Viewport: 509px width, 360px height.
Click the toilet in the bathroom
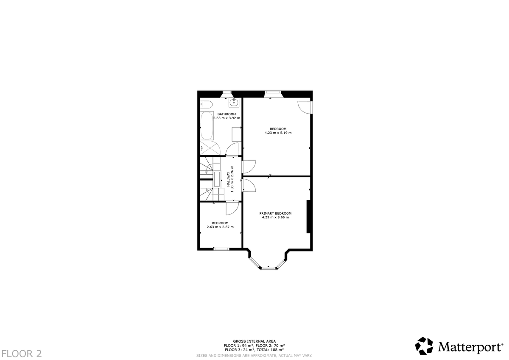click(207, 104)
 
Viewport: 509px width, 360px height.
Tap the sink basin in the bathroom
click(233, 102)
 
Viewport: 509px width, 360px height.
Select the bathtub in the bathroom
click(207, 126)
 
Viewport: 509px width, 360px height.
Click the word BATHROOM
click(227, 114)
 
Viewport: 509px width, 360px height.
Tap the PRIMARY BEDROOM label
click(275, 213)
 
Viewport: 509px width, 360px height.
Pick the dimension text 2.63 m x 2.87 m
click(220, 227)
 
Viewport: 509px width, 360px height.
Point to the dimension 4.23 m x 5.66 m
click(275, 218)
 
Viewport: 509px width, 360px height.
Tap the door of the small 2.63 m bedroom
click(232, 208)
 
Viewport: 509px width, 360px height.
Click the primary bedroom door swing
click(249, 185)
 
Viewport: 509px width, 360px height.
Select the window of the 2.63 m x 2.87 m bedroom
click(221, 249)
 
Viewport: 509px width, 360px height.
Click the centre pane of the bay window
click(268, 268)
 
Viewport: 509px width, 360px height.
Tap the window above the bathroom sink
click(228, 92)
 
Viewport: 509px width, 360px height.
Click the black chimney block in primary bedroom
click(309, 216)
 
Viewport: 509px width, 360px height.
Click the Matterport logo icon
click(424, 346)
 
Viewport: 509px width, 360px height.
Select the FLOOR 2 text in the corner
click(21, 353)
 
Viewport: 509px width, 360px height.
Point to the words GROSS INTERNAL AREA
click(254, 341)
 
